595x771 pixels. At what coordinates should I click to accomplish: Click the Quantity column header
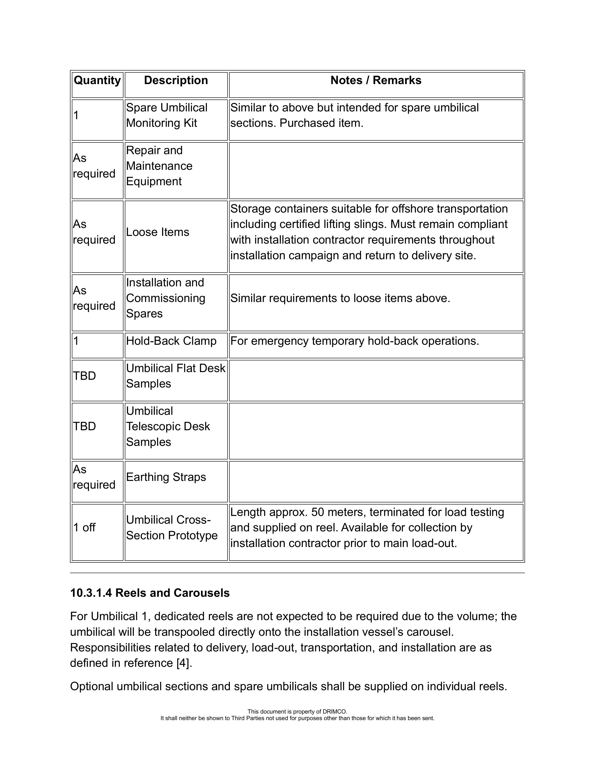pyautogui.click(x=97, y=81)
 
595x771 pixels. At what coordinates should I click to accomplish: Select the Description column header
pyautogui.click(x=176, y=81)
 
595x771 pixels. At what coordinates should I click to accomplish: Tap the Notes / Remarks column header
pyautogui.click(x=376, y=81)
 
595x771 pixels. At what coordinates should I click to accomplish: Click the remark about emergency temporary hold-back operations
pyautogui.click(x=354, y=341)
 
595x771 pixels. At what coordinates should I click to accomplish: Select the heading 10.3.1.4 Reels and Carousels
pyautogui.click(x=150, y=593)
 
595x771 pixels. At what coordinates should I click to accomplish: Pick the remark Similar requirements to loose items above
pyautogui.click(x=340, y=298)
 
